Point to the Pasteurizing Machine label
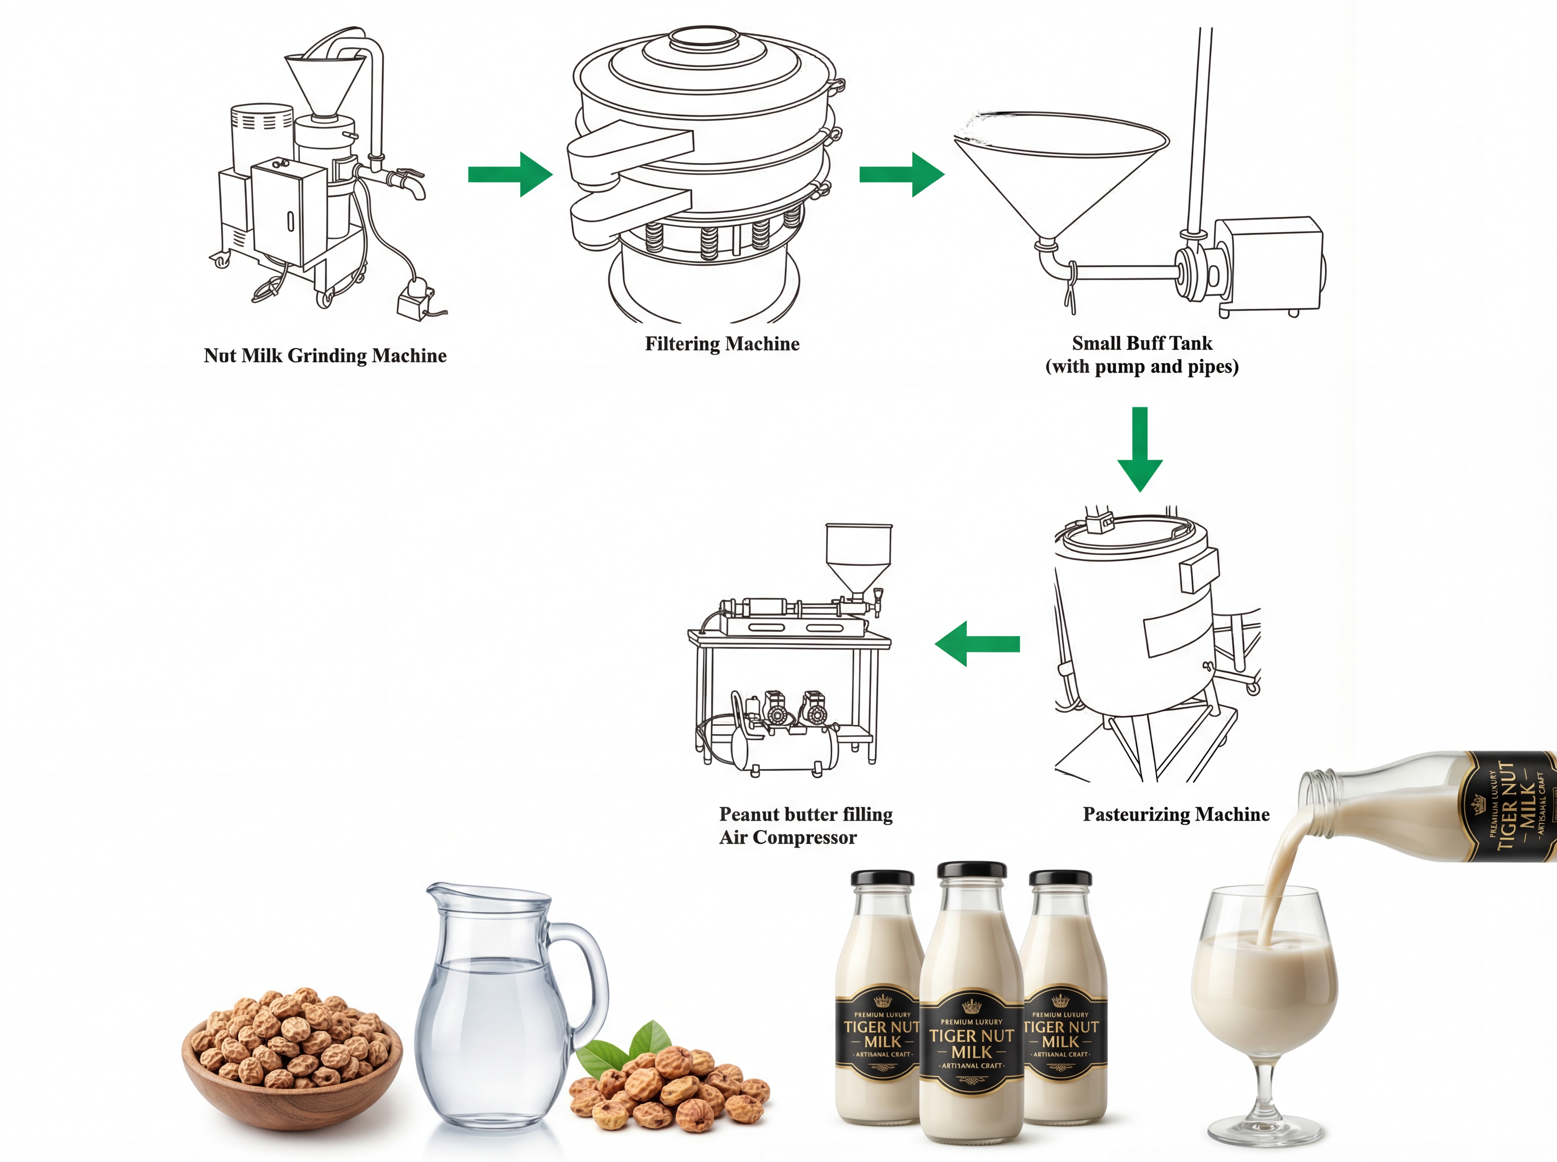pos(1176,814)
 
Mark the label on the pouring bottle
pos(1513,805)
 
